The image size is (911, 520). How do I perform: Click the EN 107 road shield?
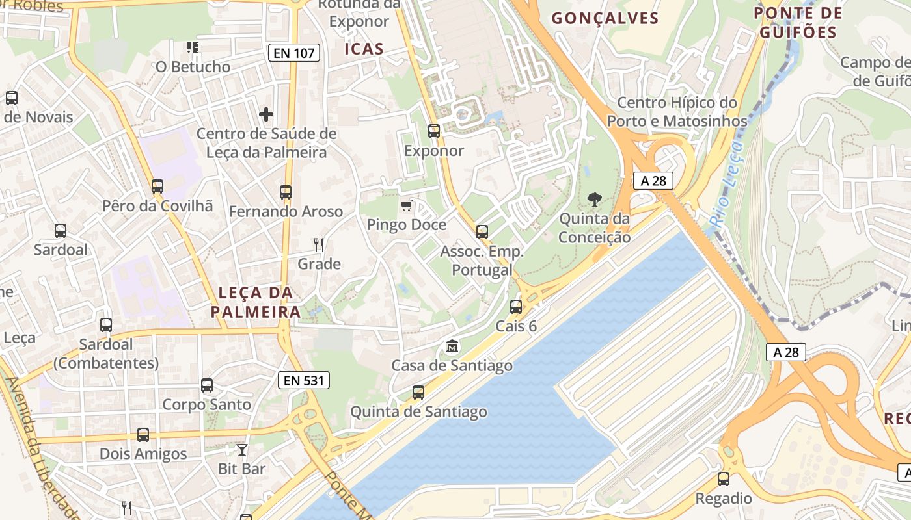tap(294, 53)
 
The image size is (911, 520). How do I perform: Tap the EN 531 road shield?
tap(304, 380)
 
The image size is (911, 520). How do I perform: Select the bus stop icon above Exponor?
tap(434, 131)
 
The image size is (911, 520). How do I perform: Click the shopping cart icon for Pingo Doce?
tap(407, 206)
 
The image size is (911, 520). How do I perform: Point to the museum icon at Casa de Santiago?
tap(452, 346)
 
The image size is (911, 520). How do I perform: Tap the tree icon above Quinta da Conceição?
tap(594, 200)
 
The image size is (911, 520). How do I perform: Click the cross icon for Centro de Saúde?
tap(266, 114)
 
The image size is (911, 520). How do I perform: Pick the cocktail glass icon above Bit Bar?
tap(242, 449)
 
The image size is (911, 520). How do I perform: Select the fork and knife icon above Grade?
tap(319, 245)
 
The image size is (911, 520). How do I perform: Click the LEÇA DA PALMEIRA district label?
tap(256, 302)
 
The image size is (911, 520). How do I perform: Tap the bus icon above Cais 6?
tap(516, 306)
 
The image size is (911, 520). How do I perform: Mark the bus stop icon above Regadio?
tap(724, 479)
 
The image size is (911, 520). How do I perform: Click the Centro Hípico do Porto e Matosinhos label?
tap(677, 112)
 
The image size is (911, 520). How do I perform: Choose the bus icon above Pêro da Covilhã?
tap(157, 187)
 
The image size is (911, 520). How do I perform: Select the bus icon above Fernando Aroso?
tap(286, 192)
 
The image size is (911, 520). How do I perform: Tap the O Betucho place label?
tap(193, 67)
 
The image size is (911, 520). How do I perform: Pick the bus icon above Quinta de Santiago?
tap(418, 393)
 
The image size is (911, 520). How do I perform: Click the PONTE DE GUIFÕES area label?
tap(798, 23)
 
